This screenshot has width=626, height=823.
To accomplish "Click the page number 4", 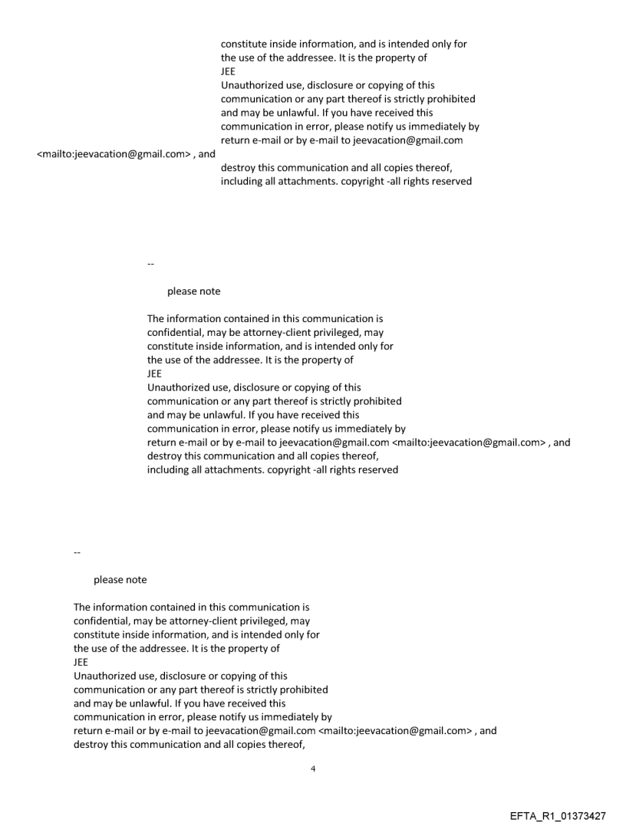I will [313, 769].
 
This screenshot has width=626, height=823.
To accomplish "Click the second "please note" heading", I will [120, 580].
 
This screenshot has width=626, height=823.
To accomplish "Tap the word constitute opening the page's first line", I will [244, 44].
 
